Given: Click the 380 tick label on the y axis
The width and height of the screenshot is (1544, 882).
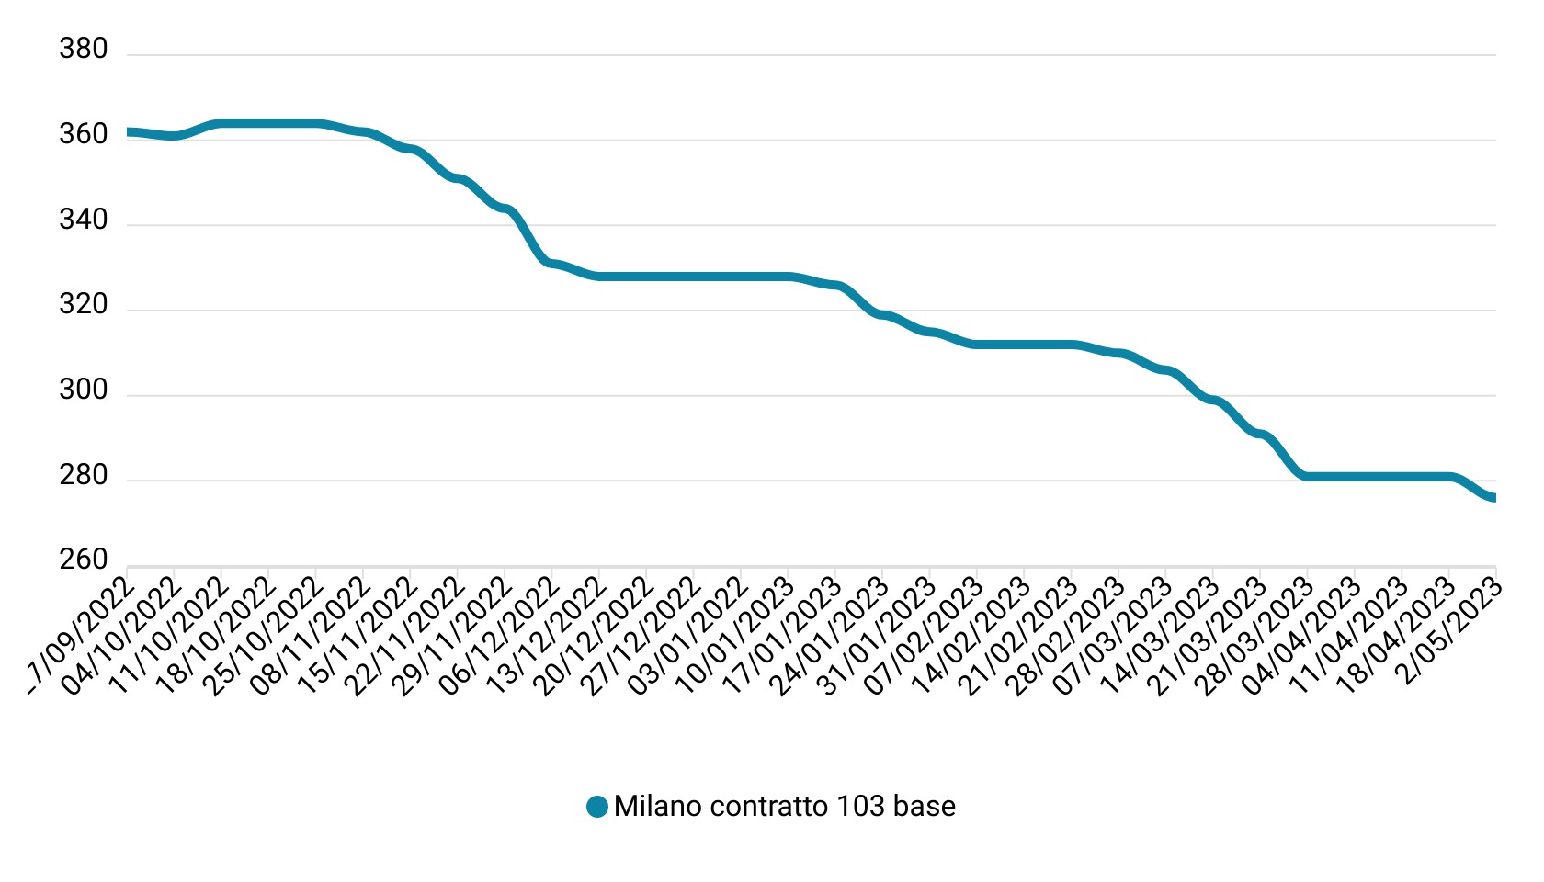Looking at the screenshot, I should (x=83, y=49).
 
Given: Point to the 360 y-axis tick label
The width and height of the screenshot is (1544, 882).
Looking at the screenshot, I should (x=83, y=135).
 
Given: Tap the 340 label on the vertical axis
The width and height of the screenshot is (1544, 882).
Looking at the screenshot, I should (x=83, y=220).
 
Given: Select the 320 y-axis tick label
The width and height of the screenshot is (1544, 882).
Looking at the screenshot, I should (x=83, y=305).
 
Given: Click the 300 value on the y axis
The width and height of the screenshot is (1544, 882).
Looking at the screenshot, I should (x=83, y=390).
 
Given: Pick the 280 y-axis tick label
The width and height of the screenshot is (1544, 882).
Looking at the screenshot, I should (x=83, y=476).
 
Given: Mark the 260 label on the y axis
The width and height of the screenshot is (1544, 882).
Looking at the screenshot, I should (x=83, y=560).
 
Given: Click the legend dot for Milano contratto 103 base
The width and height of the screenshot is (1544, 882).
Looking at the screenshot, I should (x=597, y=807).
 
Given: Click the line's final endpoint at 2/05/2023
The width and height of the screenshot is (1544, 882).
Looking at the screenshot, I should (x=1493, y=498).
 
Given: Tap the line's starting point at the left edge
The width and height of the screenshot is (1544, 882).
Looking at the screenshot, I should (x=128, y=132).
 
